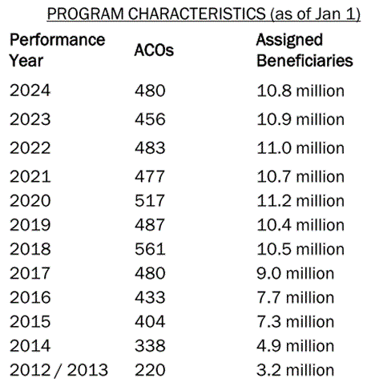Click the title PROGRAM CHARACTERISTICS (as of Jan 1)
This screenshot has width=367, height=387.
pyautogui.click(x=204, y=14)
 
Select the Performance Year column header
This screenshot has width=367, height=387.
pyautogui.click(x=58, y=50)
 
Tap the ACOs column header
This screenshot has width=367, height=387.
pyautogui.click(x=154, y=50)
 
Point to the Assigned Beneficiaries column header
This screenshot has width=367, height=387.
pyautogui.click(x=304, y=50)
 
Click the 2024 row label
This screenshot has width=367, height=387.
pyautogui.click(x=30, y=91)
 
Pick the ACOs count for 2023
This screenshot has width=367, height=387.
pyautogui.click(x=150, y=119)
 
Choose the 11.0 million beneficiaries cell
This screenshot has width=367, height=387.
pyautogui.click(x=300, y=148)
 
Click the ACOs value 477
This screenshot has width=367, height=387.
pyautogui.click(x=150, y=176)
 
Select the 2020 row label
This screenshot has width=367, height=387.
pyautogui.click(x=30, y=200)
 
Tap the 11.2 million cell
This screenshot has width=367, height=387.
pyautogui.click(x=300, y=200)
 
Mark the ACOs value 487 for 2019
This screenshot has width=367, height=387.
pyautogui.click(x=150, y=224)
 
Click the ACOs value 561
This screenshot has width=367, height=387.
pyautogui.click(x=150, y=249)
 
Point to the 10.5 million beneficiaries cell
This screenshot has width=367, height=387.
pyautogui.click(x=300, y=249)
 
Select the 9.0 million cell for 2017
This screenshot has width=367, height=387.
pyautogui.click(x=296, y=273)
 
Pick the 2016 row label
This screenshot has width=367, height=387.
pyautogui.click(x=30, y=297)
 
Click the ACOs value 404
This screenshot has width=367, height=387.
pyautogui.click(x=150, y=321)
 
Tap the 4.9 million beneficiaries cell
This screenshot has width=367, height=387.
pyautogui.click(x=296, y=345)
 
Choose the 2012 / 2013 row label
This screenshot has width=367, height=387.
pyautogui.click(x=58, y=370)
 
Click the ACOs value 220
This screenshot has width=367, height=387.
pyautogui.click(x=150, y=370)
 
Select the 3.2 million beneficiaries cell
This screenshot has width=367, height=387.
pyautogui.click(x=296, y=370)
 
